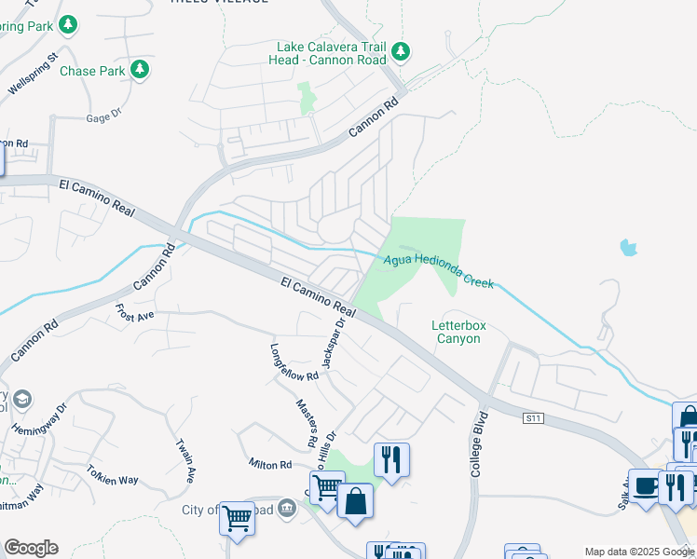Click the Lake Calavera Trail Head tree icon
pyautogui.click(x=401, y=50)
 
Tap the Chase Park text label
pyautogui.click(x=91, y=71)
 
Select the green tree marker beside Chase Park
pyautogui.click(x=139, y=69)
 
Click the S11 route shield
pyautogui.click(x=532, y=419)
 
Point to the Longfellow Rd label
pyautogui.click(x=294, y=363)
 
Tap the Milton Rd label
pyautogui.click(x=270, y=463)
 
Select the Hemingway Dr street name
pyautogui.click(x=40, y=418)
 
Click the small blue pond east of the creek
pyautogui.click(x=628, y=248)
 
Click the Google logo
pyautogui.click(x=31, y=548)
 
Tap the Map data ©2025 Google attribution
pyautogui.click(x=638, y=552)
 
